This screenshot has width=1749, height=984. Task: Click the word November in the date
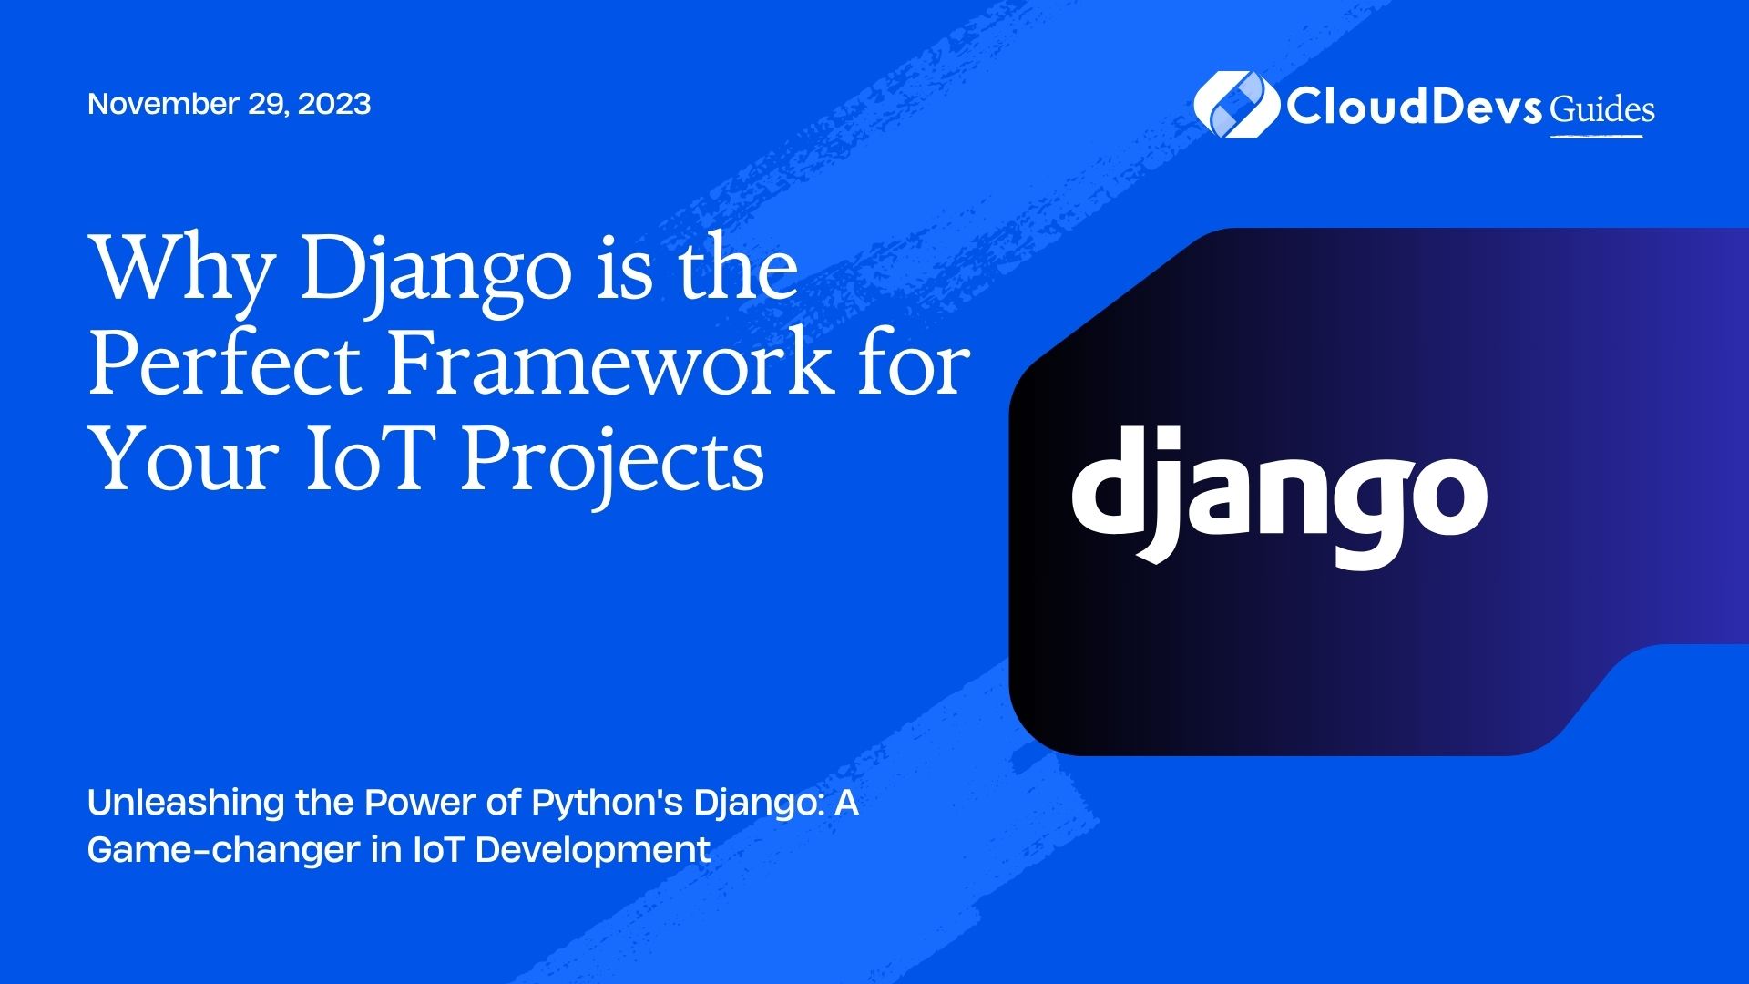162,104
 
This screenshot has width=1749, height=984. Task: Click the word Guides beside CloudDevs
1602,109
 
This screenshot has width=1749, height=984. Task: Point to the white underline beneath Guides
1596,137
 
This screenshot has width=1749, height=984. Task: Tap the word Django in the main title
434,272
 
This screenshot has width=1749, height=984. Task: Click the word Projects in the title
611,461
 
